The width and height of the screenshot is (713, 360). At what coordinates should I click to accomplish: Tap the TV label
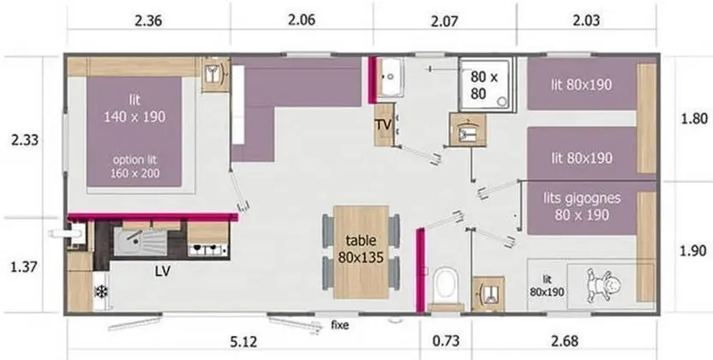(383, 124)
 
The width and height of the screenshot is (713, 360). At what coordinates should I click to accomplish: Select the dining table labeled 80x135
(361, 251)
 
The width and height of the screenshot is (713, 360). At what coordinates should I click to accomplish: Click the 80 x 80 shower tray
(487, 85)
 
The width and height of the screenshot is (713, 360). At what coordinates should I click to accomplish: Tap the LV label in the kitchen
(162, 272)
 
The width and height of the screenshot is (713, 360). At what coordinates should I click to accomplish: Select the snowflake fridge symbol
(100, 291)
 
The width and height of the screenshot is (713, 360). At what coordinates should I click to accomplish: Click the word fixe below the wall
(339, 325)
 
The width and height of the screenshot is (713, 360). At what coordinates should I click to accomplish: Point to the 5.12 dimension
(243, 341)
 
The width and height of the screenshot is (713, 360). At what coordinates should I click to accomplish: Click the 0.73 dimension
(446, 340)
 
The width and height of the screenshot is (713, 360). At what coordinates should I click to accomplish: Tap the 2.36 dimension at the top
(148, 21)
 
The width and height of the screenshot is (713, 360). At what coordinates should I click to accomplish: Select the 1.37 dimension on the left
(24, 267)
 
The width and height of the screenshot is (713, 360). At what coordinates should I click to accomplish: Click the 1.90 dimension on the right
(693, 250)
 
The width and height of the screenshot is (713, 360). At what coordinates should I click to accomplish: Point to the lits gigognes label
(582, 198)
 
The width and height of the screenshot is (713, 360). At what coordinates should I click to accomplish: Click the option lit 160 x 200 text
(135, 166)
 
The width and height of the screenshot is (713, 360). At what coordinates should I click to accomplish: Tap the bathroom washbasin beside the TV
(390, 77)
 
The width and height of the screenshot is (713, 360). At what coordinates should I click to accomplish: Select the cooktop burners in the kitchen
(207, 249)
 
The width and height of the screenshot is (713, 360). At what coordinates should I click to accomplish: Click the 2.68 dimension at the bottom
(565, 341)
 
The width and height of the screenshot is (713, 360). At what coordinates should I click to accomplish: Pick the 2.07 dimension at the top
(444, 21)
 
